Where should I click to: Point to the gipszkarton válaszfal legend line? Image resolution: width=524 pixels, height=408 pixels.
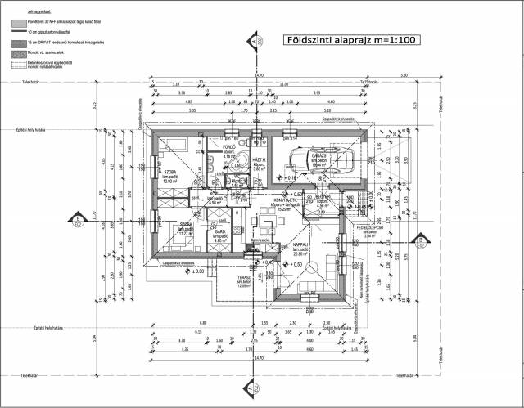point(16,31)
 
